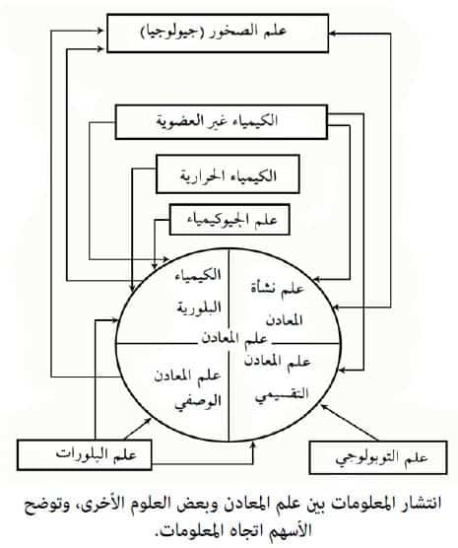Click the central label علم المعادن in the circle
pos(234,338)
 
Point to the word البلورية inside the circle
pos(198,308)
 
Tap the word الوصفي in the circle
pos(198,402)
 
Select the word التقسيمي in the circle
pos(282,395)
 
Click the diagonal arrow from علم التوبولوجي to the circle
pos(350,422)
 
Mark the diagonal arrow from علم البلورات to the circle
pos(138,429)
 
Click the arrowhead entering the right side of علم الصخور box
pos(332,34)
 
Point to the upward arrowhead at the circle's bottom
pos(254,445)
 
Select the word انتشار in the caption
pos(421,504)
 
